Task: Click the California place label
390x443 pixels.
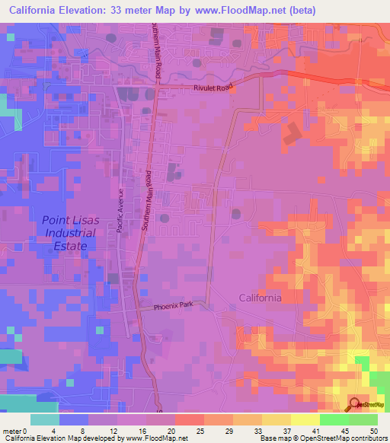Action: click(260, 298)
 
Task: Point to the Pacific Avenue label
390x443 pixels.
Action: click(120, 210)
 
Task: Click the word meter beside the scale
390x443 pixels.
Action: click(12, 430)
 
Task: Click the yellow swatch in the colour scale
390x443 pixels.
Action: click(277, 419)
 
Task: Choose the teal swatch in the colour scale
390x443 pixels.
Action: click(45, 419)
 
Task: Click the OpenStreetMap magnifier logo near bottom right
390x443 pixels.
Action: click(356, 404)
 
